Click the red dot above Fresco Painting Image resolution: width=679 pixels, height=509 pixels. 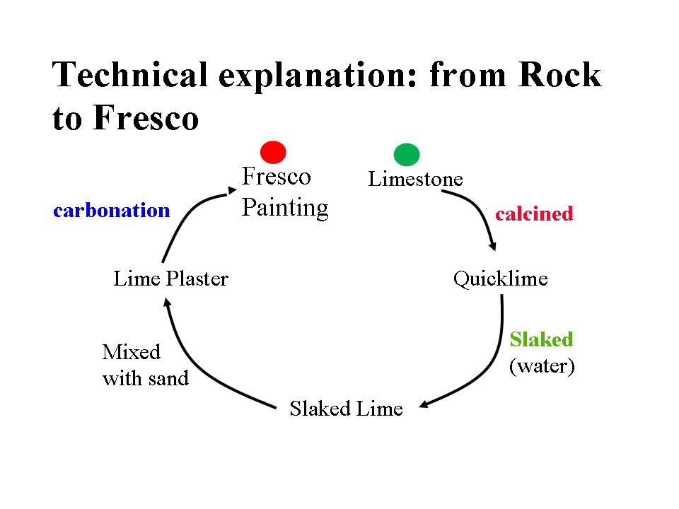pos(273,152)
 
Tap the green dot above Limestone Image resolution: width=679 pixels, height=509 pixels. pos(406,154)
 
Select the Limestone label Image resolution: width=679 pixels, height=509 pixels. pos(415,180)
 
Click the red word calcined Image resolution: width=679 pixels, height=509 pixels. pos(534,213)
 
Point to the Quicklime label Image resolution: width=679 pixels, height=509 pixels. pos(500,279)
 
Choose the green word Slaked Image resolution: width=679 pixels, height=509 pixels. pos(541,339)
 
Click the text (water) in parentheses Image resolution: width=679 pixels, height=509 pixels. pos(542,367)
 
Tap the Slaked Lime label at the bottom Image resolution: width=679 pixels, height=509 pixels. pos(346,409)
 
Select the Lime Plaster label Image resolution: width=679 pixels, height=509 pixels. pos(170,279)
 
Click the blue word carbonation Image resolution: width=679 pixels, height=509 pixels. pos(112,210)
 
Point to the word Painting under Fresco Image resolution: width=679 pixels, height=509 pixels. pos(285,208)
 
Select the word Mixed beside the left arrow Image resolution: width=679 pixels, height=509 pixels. pos(132,351)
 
